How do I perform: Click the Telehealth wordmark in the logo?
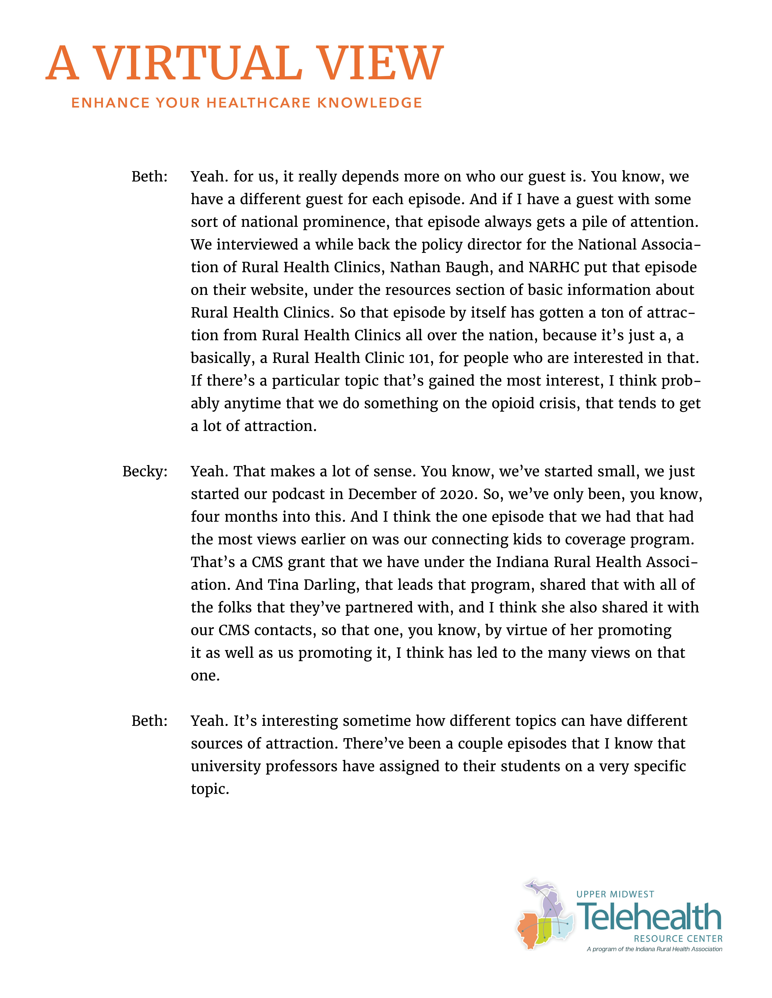point(649,917)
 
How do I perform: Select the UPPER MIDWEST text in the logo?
point(615,894)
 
